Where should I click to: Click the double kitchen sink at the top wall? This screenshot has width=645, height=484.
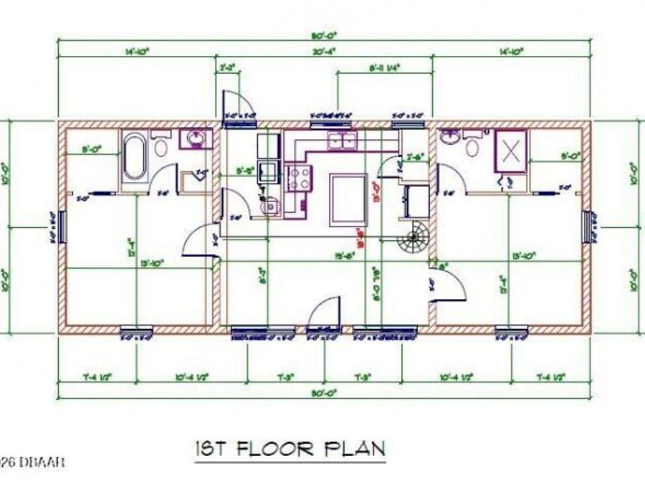pos(342,140)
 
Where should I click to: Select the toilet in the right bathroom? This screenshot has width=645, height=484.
pos(472,146)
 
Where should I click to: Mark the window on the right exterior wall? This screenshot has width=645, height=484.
pos(590,227)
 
